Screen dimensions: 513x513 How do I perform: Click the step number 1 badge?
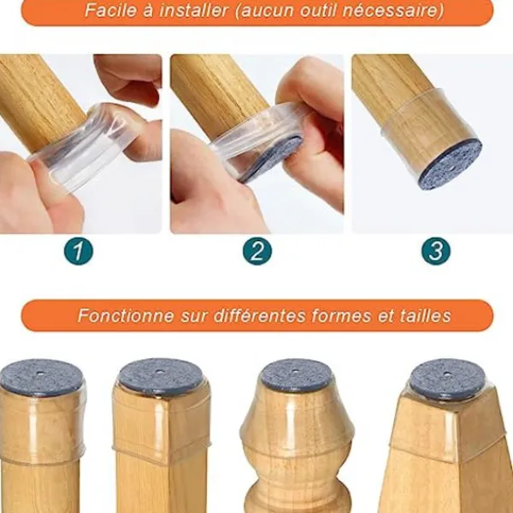79,251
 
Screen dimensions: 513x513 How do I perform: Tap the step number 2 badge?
257,251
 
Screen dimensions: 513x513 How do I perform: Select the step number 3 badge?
436,251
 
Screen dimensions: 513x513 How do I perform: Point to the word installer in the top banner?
194,10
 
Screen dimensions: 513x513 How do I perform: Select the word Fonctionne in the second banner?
126,315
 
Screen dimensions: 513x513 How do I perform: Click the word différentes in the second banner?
260,315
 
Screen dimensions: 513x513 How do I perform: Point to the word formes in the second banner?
341,315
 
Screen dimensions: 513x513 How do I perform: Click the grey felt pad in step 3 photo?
451,166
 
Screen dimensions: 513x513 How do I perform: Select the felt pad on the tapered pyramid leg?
447,376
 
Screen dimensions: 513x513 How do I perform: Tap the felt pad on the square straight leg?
160,374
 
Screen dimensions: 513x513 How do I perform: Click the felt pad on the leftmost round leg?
40,377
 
